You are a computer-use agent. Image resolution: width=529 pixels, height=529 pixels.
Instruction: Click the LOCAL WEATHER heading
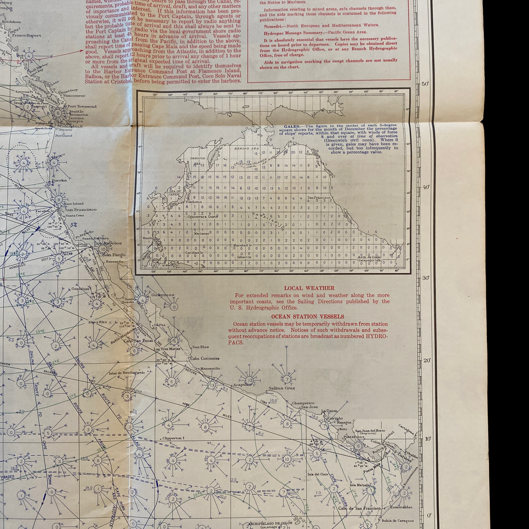(x=309, y=288)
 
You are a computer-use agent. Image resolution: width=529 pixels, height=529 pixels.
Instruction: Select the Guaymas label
(x=163, y=295)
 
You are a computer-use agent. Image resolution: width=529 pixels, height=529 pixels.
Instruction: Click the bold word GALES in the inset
(x=291, y=127)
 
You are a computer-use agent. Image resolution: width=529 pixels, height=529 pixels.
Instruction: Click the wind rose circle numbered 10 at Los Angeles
(x=103, y=249)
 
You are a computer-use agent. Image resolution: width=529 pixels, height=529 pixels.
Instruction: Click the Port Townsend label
(x=82, y=106)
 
